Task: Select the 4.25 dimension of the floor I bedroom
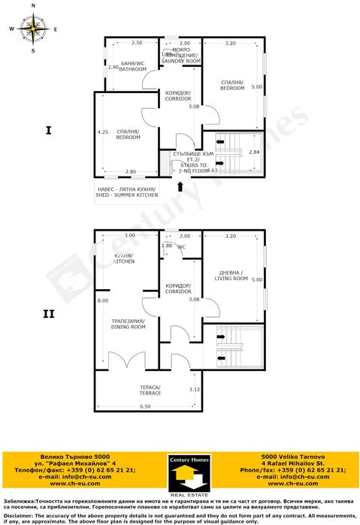pyautogui.click(x=102, y=133)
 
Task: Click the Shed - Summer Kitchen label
pyautogui.click(x=126, y=192)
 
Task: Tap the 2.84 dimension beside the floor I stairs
pyautogui.click(x=253, y=152)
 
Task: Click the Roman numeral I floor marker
pyautogui.click(x=48, y=131)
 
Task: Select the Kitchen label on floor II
pyautogui.click(x=124, y=259)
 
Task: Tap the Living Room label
pyautogui.click(x=232, y=276)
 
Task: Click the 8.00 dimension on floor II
pyautogui.click(x=102, y=300)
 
